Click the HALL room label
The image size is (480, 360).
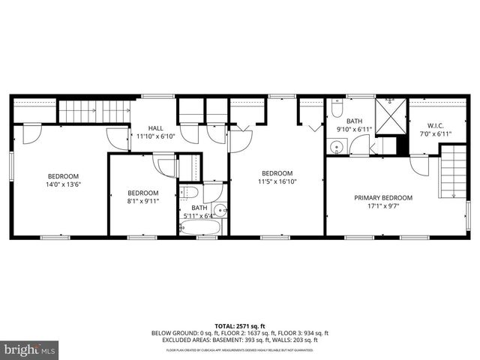155,128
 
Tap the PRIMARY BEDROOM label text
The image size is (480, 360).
383,198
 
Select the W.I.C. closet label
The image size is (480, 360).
436,125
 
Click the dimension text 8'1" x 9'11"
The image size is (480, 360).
142,201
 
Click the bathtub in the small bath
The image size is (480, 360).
200,227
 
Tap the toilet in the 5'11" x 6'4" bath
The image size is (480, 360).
190,193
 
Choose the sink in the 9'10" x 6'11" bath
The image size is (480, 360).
337,146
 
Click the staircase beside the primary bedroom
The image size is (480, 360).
451,172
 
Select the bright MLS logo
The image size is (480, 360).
29,349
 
